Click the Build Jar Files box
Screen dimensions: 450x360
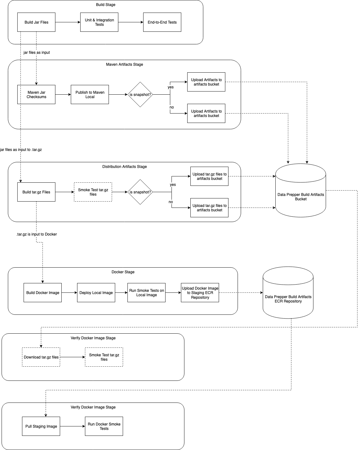point(36,22)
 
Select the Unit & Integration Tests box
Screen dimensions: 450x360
point(99,22)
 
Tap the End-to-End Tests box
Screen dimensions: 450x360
point(162,22)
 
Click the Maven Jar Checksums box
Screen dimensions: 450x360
point(36,95)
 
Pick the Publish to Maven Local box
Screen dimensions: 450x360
point(90,95)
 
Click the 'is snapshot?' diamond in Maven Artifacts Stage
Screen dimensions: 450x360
point(140,95)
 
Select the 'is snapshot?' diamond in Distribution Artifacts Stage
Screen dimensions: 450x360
point(140,192)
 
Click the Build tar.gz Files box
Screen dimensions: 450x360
point(36,192)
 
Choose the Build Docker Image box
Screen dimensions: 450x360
point(42,293)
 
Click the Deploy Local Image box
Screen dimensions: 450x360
point(96,293)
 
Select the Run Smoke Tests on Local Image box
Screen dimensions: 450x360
point(146,293)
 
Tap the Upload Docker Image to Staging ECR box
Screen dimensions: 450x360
point(200,293)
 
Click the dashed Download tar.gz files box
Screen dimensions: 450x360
point(41,357)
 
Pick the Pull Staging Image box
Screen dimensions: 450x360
point(41,426)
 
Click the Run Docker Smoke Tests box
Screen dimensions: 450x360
point(104,426)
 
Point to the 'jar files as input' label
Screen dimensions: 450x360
point(37,53)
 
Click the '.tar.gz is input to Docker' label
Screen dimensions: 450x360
point(37,234)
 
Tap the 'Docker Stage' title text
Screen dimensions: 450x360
point(123,272)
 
